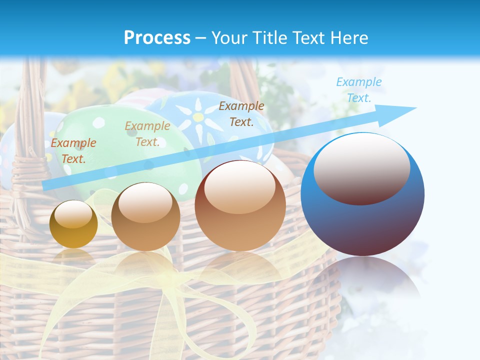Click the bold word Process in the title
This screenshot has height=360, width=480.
pyautogui.click(x=157, y=38)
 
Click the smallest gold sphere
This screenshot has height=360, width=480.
pyautogui.click(x=73, y=224)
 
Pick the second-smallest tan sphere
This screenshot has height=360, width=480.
pyautogui.click(x=145, y=216)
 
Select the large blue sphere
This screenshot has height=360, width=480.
pyautogui.click(x=362, y=194)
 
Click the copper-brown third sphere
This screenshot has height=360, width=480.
pyautogui.click(x=240, y=205)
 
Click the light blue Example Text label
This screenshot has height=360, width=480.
pyautogui.click(x=358, y=90)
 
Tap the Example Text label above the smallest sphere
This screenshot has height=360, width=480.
pyautogui.click(x=73, y=150)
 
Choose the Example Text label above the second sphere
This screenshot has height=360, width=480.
pyautogui.click(x=147, y=134)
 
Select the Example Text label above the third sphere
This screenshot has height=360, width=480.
pyautogui.click(x=241, y=113)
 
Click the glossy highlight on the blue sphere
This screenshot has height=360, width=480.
pyautogui.click(x=361, y=168)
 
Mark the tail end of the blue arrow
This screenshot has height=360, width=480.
pyautogui.click(x=44, y=186)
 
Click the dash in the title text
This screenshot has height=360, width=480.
pyautogui.click(x=201, y=38)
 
